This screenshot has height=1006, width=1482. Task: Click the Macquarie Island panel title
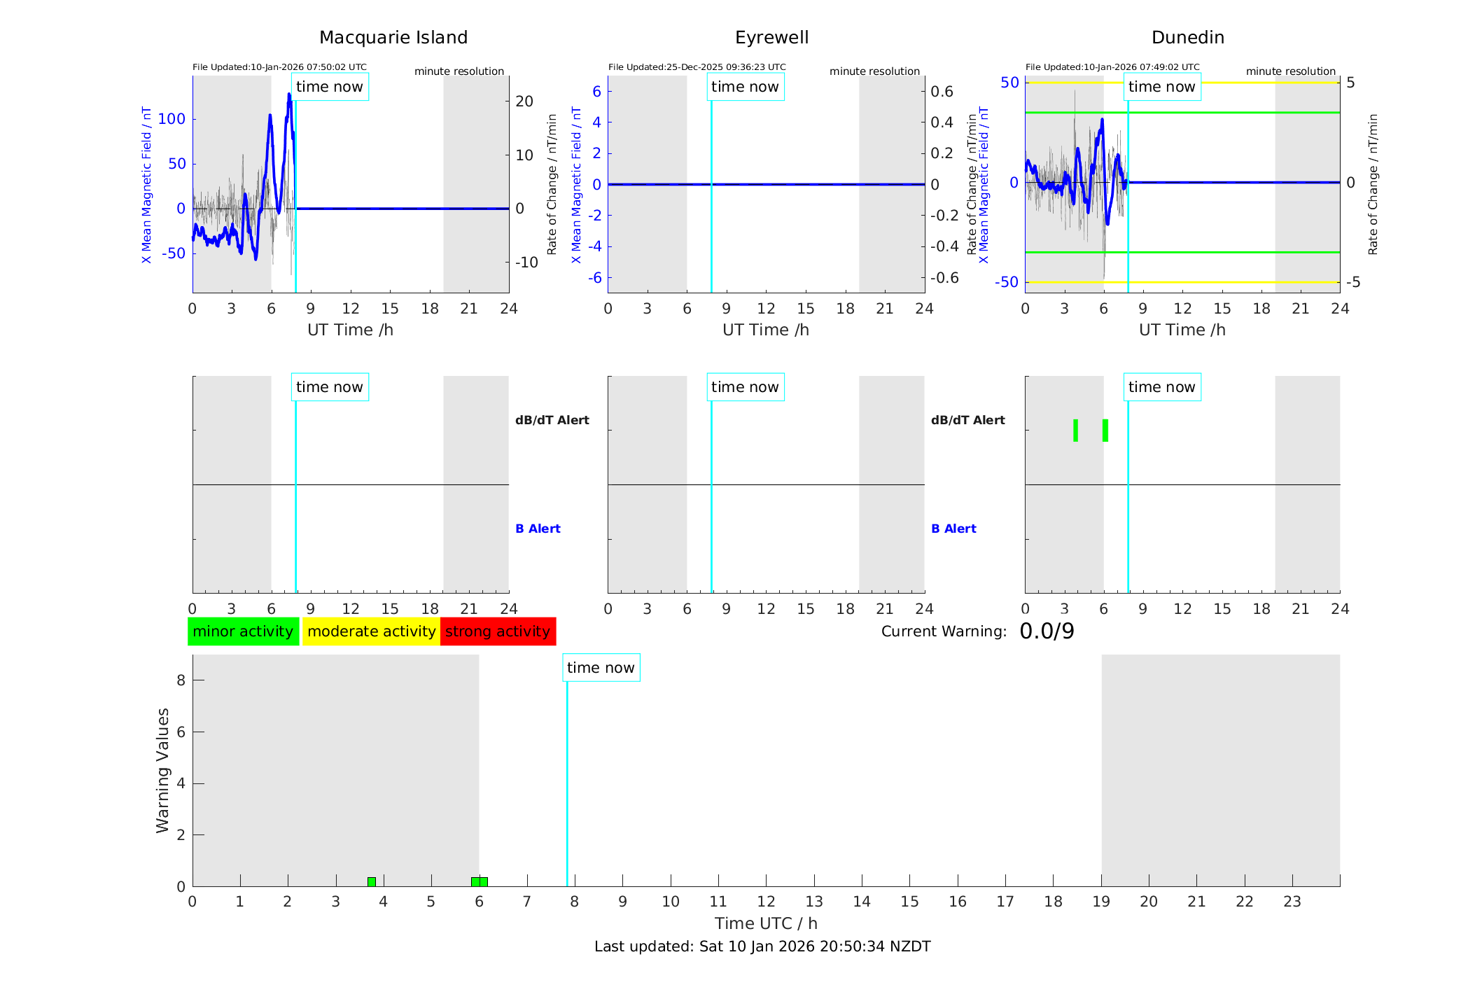pos(393,38)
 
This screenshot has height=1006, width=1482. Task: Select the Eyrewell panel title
pos(771,38)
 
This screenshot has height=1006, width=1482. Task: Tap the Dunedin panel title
pos(1187,38)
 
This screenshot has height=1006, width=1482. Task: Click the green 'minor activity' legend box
pos(243,631)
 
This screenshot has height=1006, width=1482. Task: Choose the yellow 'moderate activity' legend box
pos(371,631)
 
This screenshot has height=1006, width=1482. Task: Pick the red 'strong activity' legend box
pos(498,631)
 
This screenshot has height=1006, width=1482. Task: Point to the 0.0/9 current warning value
pos(1047,631)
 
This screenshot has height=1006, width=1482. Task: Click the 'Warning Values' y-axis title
pos(163,770)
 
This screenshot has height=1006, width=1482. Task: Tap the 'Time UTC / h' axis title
pos(766,923)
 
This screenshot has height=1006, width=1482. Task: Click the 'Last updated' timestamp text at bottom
pos(762,946)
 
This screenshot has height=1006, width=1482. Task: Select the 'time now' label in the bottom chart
pos(601,668)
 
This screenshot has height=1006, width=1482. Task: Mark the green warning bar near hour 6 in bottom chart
pos(480,882)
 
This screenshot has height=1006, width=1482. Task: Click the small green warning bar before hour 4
pos(372,882)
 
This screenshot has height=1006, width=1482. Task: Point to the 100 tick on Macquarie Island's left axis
pos(172,119)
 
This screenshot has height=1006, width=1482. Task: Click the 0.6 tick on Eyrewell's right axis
pos(942,92)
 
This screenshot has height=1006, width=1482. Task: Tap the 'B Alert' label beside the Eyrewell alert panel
pos(953,529)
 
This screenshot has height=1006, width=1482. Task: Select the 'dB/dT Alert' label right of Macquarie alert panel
pos(552,420)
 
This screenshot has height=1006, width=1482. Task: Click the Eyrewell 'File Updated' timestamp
pos(697,67)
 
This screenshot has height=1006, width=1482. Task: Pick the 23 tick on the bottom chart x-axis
pos(1292,902)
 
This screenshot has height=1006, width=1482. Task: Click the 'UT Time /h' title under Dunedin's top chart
pos(1182,330)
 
